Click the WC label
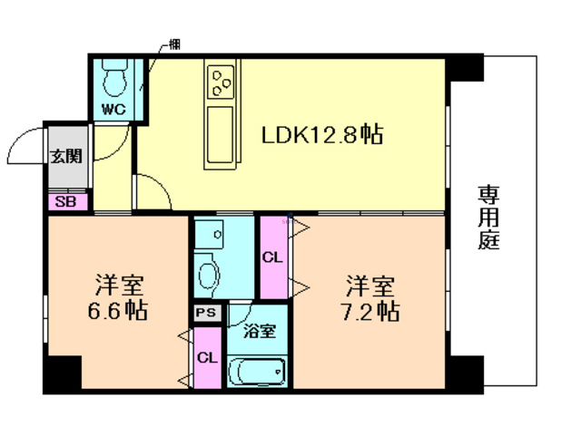(113, 109)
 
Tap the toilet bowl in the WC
(113, 81)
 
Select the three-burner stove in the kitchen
(222, 83)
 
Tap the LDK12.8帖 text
(321, 136)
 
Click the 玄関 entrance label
(65, 155)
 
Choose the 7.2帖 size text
(369, 311)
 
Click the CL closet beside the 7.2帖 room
(272, 257)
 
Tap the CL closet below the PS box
(207, 357)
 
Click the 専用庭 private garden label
(490, 218)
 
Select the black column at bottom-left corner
(62, 373)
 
